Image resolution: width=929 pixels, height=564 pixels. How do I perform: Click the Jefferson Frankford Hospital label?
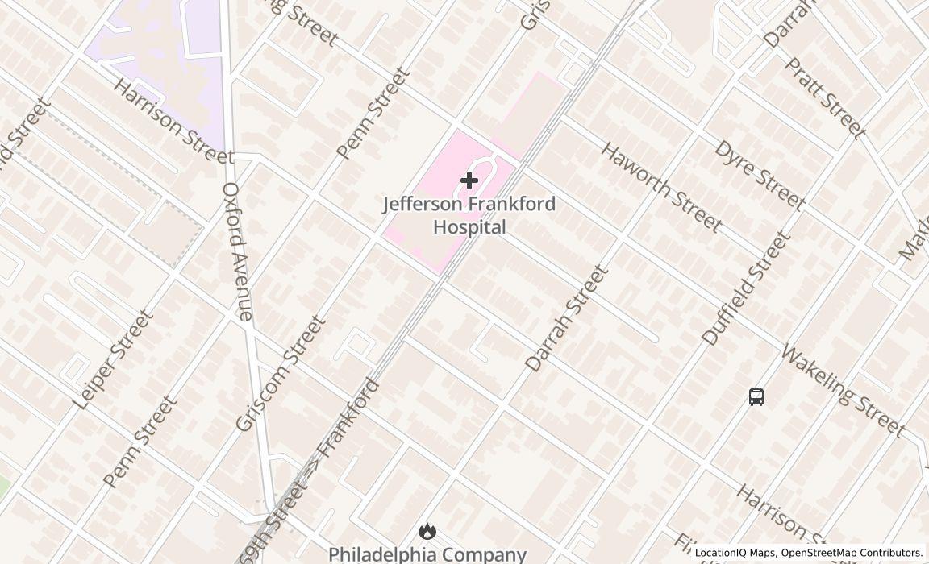coord(469,215)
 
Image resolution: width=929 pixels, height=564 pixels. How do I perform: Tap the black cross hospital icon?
coord(469,180)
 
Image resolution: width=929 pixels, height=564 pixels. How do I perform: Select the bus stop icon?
coord(756,396)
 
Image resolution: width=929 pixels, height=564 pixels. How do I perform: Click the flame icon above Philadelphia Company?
coord(427,531)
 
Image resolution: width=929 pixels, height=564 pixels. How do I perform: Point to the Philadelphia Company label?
coord(427,554)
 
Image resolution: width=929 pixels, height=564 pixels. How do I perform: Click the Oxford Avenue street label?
coord(238,251)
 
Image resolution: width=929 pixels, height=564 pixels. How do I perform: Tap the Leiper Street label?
coord(112,359)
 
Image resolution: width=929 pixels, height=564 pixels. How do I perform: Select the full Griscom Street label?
coord(281,373)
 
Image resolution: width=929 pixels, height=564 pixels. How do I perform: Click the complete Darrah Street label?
coord(566,318)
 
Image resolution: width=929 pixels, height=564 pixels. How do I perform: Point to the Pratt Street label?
coord(825,98)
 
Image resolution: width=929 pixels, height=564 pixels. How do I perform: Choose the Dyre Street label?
coord(759,175)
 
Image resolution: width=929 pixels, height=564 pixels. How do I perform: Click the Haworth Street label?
coord(660,188)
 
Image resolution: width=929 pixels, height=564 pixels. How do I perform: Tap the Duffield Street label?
coord(746,288)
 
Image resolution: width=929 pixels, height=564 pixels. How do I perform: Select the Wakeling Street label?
coord(843,392)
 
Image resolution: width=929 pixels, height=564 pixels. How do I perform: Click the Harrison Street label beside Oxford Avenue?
coord(172,121)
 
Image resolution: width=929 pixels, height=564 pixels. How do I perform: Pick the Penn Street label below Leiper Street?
coord(140,442)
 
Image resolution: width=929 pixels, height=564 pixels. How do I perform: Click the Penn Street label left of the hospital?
coord(373,114)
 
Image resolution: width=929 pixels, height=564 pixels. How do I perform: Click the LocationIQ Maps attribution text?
coord(735,553)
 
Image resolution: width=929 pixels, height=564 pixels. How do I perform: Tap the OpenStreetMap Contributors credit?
coord(852,553)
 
